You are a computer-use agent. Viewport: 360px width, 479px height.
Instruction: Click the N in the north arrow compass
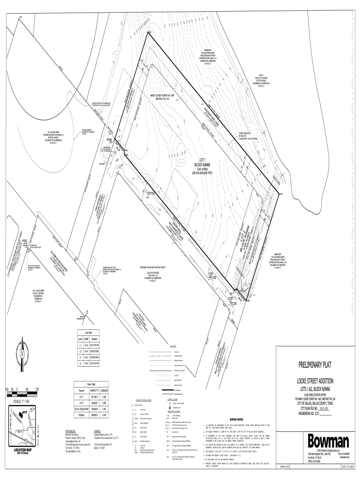point(22,354)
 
